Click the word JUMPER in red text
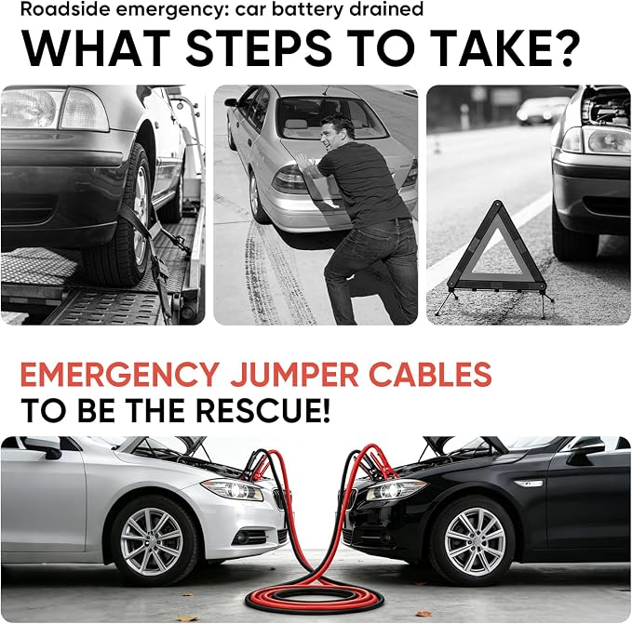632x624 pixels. pyautogui.click(x=294, y=375)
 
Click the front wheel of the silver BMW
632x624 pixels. pyautogui.click(x=152, y=540)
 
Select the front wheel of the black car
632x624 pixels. pyautogui.click(x=475, y=539)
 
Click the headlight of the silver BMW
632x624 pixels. pyautogui.click(x=233, y=490)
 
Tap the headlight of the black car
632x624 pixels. pyautogui.click(x=394, y=490)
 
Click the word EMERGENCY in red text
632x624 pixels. pyautogui.click(x=120, y=375)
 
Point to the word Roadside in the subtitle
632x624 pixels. pyautogui.click(x=50, y=9)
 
